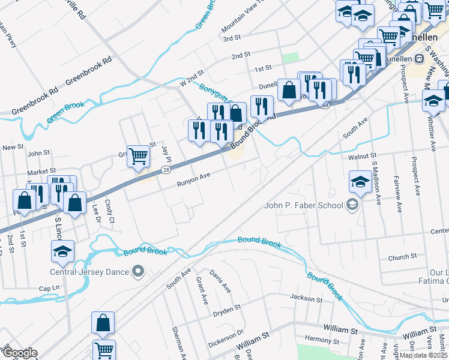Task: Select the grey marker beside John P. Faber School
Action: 352,206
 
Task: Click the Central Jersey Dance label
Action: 90,272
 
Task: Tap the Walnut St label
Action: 346,157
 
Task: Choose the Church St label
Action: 402,257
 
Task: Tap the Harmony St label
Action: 318,340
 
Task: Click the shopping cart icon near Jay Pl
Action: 138,157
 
